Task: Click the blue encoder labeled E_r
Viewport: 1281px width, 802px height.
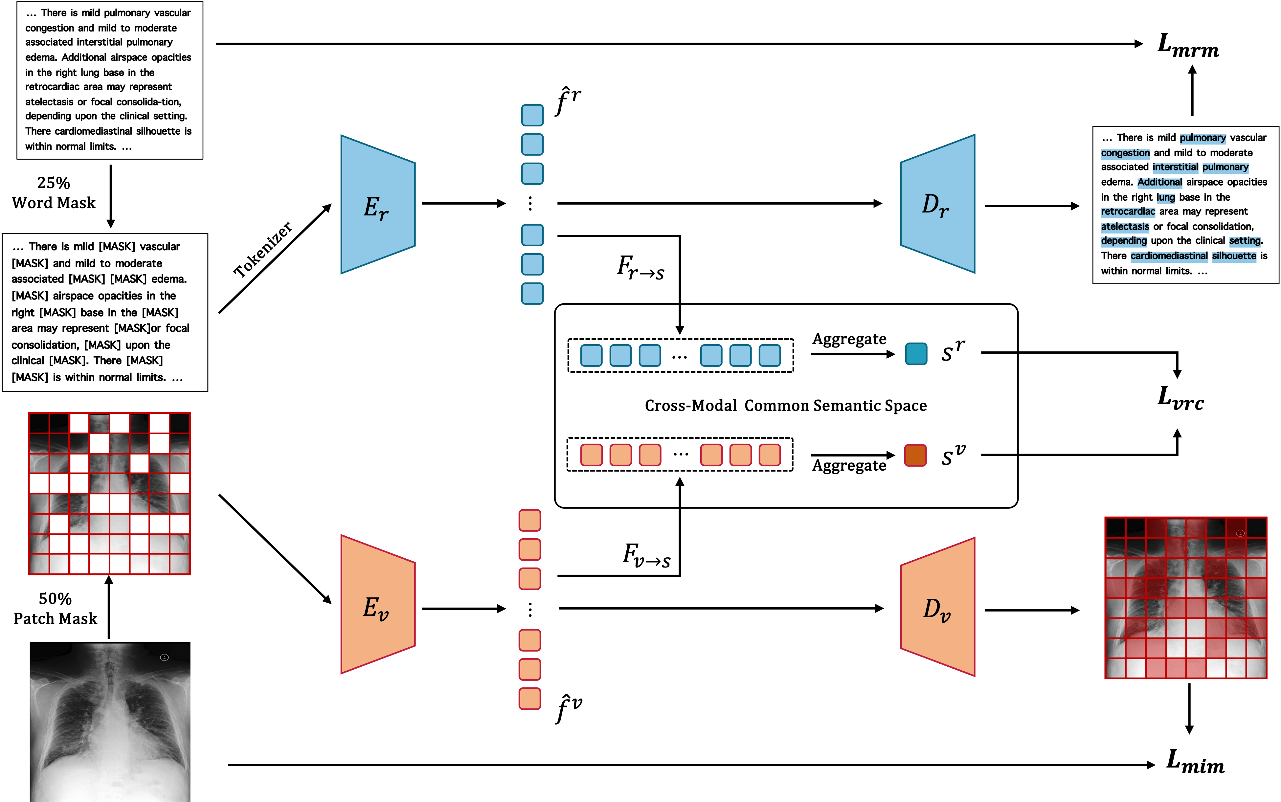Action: click(378, 205)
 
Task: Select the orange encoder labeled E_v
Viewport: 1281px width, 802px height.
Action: click(378, 605)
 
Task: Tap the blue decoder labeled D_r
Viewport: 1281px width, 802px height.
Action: click(938, 204)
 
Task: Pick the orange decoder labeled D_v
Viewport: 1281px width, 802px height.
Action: click(938, 607)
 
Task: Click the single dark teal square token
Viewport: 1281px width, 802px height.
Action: click(916, 354)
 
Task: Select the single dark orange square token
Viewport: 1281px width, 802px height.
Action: click(915, 455)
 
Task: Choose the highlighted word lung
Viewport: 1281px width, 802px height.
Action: click(1165, 198)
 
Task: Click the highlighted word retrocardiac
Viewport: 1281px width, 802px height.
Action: click(1128, 212)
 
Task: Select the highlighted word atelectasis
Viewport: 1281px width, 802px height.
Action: click(1125, 227)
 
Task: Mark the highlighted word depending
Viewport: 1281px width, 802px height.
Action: click(1123, 241)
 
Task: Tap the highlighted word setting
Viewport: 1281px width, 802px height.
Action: click(1245, 241)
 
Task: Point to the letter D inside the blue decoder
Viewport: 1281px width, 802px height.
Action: click(930, 204)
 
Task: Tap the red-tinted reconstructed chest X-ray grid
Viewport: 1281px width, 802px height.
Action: click(1185, 598)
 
